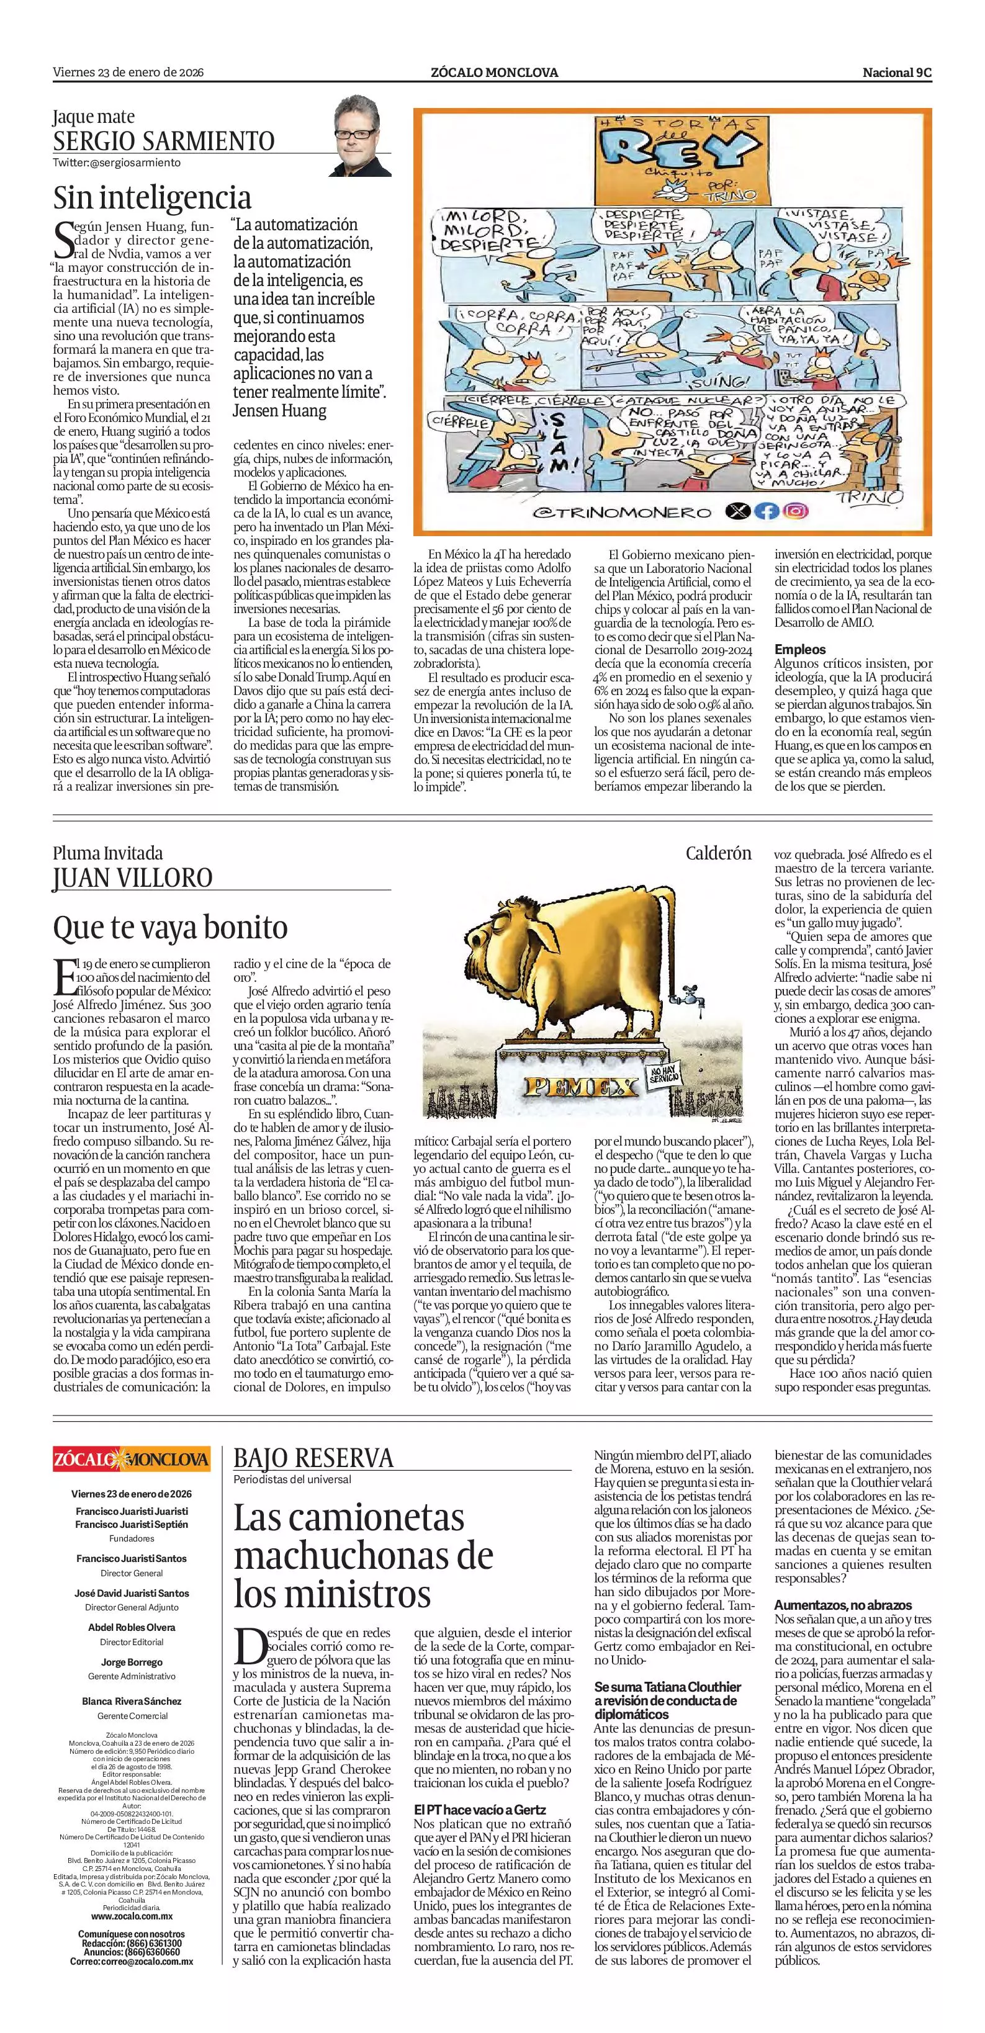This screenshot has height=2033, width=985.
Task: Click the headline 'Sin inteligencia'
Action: click(152, 197)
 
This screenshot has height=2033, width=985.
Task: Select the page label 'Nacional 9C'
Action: click(897, 72)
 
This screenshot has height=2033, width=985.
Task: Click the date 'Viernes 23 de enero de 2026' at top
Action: click(128, 72)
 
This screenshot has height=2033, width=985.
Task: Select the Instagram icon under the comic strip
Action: click(796, 511)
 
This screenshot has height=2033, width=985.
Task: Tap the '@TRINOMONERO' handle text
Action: click(622, 512)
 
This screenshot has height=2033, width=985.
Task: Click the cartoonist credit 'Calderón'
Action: click(718, 853)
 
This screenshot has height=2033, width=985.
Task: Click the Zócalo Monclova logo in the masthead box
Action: click(131, 1458)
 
